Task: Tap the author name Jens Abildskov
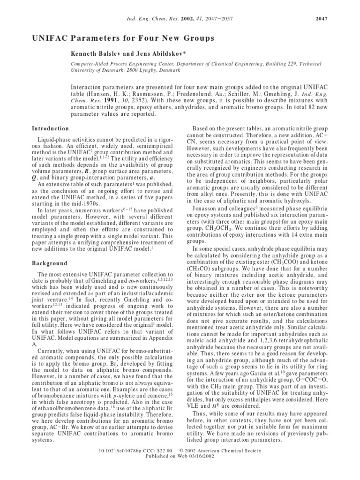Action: (x=153, y=54)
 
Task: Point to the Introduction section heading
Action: (x=50, y=128)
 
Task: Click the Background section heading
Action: (x=49, y=263)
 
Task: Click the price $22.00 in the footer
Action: (x=175, y=463)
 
